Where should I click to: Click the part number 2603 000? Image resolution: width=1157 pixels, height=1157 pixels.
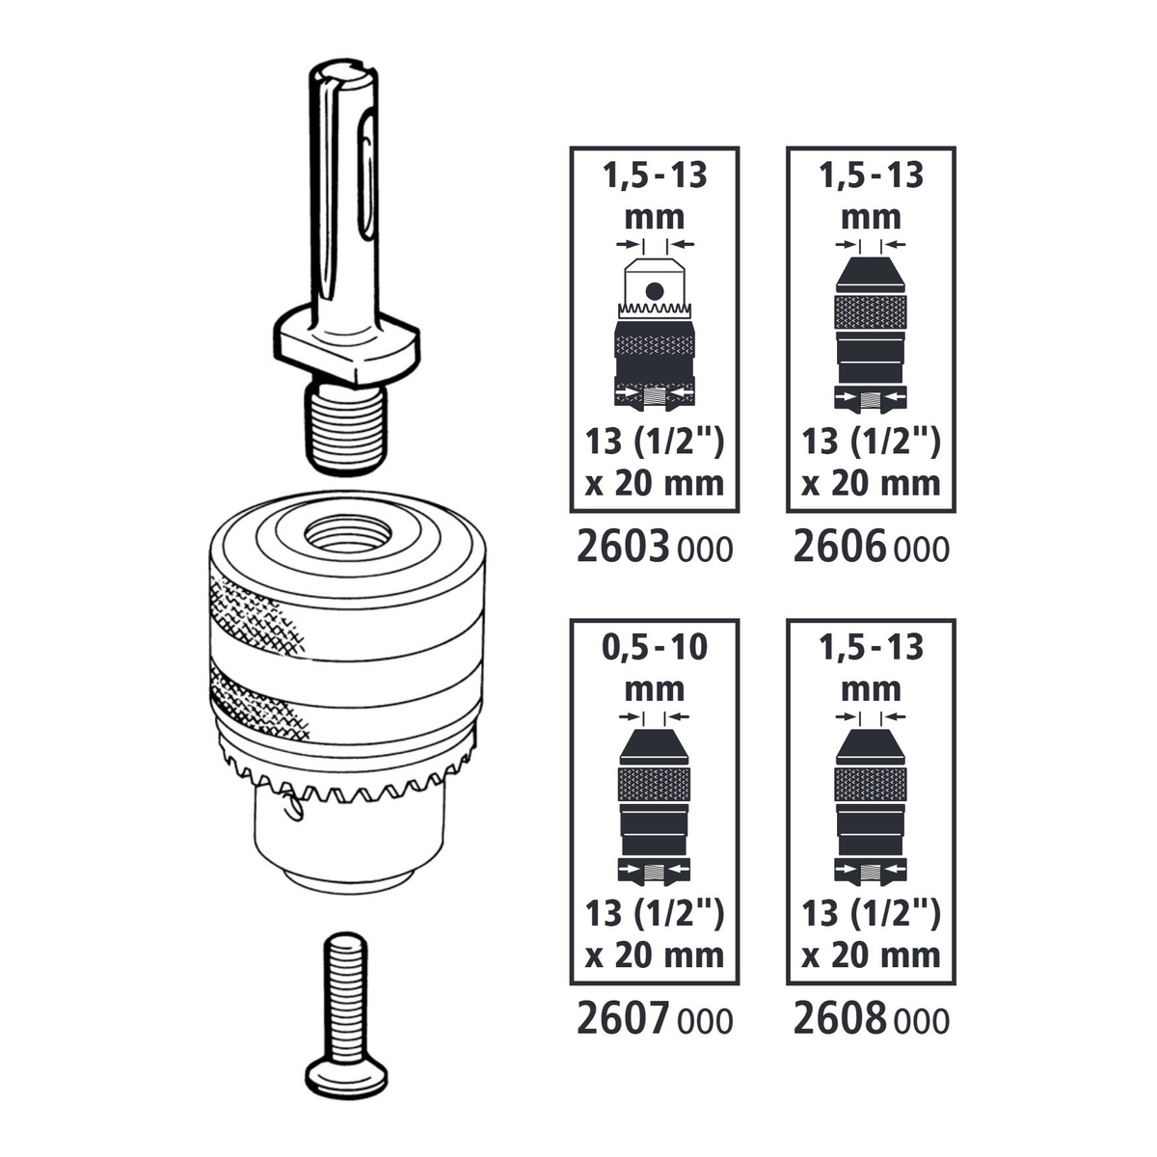coord(654,548)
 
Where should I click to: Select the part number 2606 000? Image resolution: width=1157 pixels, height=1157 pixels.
coord(871,548)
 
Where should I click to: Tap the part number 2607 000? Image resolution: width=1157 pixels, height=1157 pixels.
coord(654,1019)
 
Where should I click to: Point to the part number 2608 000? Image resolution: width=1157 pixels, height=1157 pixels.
coord(871,1019)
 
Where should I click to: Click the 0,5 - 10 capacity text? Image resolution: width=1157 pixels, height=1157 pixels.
coord(654,647)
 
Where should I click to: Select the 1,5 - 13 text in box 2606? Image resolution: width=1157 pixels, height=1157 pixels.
coord(871,175)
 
